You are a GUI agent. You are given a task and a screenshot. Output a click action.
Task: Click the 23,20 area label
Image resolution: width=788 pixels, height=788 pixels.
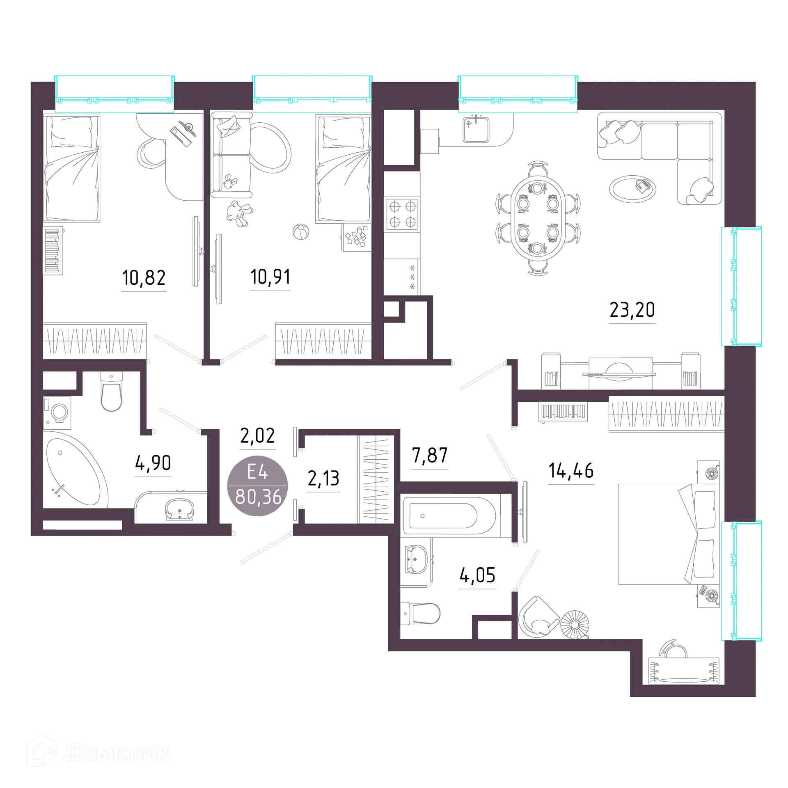click(x=632, y=310)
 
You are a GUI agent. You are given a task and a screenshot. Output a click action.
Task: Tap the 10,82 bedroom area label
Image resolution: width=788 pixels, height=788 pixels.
click(x=144, y=278)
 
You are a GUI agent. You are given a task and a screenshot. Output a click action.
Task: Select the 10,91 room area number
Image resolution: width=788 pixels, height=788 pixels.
click(x=270, y=277)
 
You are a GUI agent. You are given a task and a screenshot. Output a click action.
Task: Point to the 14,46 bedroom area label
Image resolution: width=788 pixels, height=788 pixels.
click(x=571, y=470)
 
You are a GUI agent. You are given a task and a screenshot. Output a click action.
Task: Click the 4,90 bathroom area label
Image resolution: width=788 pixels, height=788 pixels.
click(x=153, y=463)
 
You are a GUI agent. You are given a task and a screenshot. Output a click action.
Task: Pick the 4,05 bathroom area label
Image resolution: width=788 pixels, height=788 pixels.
click(x=477, y=575)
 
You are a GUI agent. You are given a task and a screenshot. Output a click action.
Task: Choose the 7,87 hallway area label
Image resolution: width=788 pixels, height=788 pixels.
click(x=430, y=455)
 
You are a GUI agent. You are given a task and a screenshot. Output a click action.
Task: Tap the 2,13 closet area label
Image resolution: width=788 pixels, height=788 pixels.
click(x=323, y=478)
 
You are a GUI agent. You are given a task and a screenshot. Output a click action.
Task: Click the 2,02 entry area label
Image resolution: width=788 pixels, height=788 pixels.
click(x=257, y=435)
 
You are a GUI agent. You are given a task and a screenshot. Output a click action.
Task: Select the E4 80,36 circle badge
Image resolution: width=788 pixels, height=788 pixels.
click(x=258, y=486)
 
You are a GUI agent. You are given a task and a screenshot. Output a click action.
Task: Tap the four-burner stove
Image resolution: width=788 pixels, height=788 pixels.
click(x=402, y=214)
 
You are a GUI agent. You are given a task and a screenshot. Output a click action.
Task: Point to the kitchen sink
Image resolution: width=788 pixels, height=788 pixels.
click(x=476, y=129)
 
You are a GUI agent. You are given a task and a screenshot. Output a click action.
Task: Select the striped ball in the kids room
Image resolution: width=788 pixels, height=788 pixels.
click(x=301, y=232)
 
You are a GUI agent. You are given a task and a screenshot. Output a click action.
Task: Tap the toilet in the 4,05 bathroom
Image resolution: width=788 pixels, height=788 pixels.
click(x=420, y=614)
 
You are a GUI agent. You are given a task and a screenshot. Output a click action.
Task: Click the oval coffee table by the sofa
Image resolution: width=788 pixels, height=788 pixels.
click(x=632, y=189)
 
